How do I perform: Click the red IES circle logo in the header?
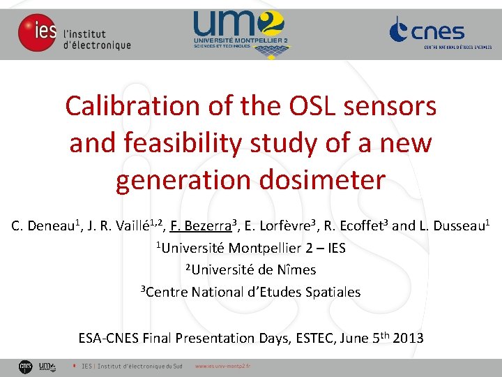coord(37,33)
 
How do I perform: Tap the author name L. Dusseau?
coord(453,226)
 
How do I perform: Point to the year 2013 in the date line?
coord(408,339)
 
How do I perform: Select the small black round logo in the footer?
coord(25,366)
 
